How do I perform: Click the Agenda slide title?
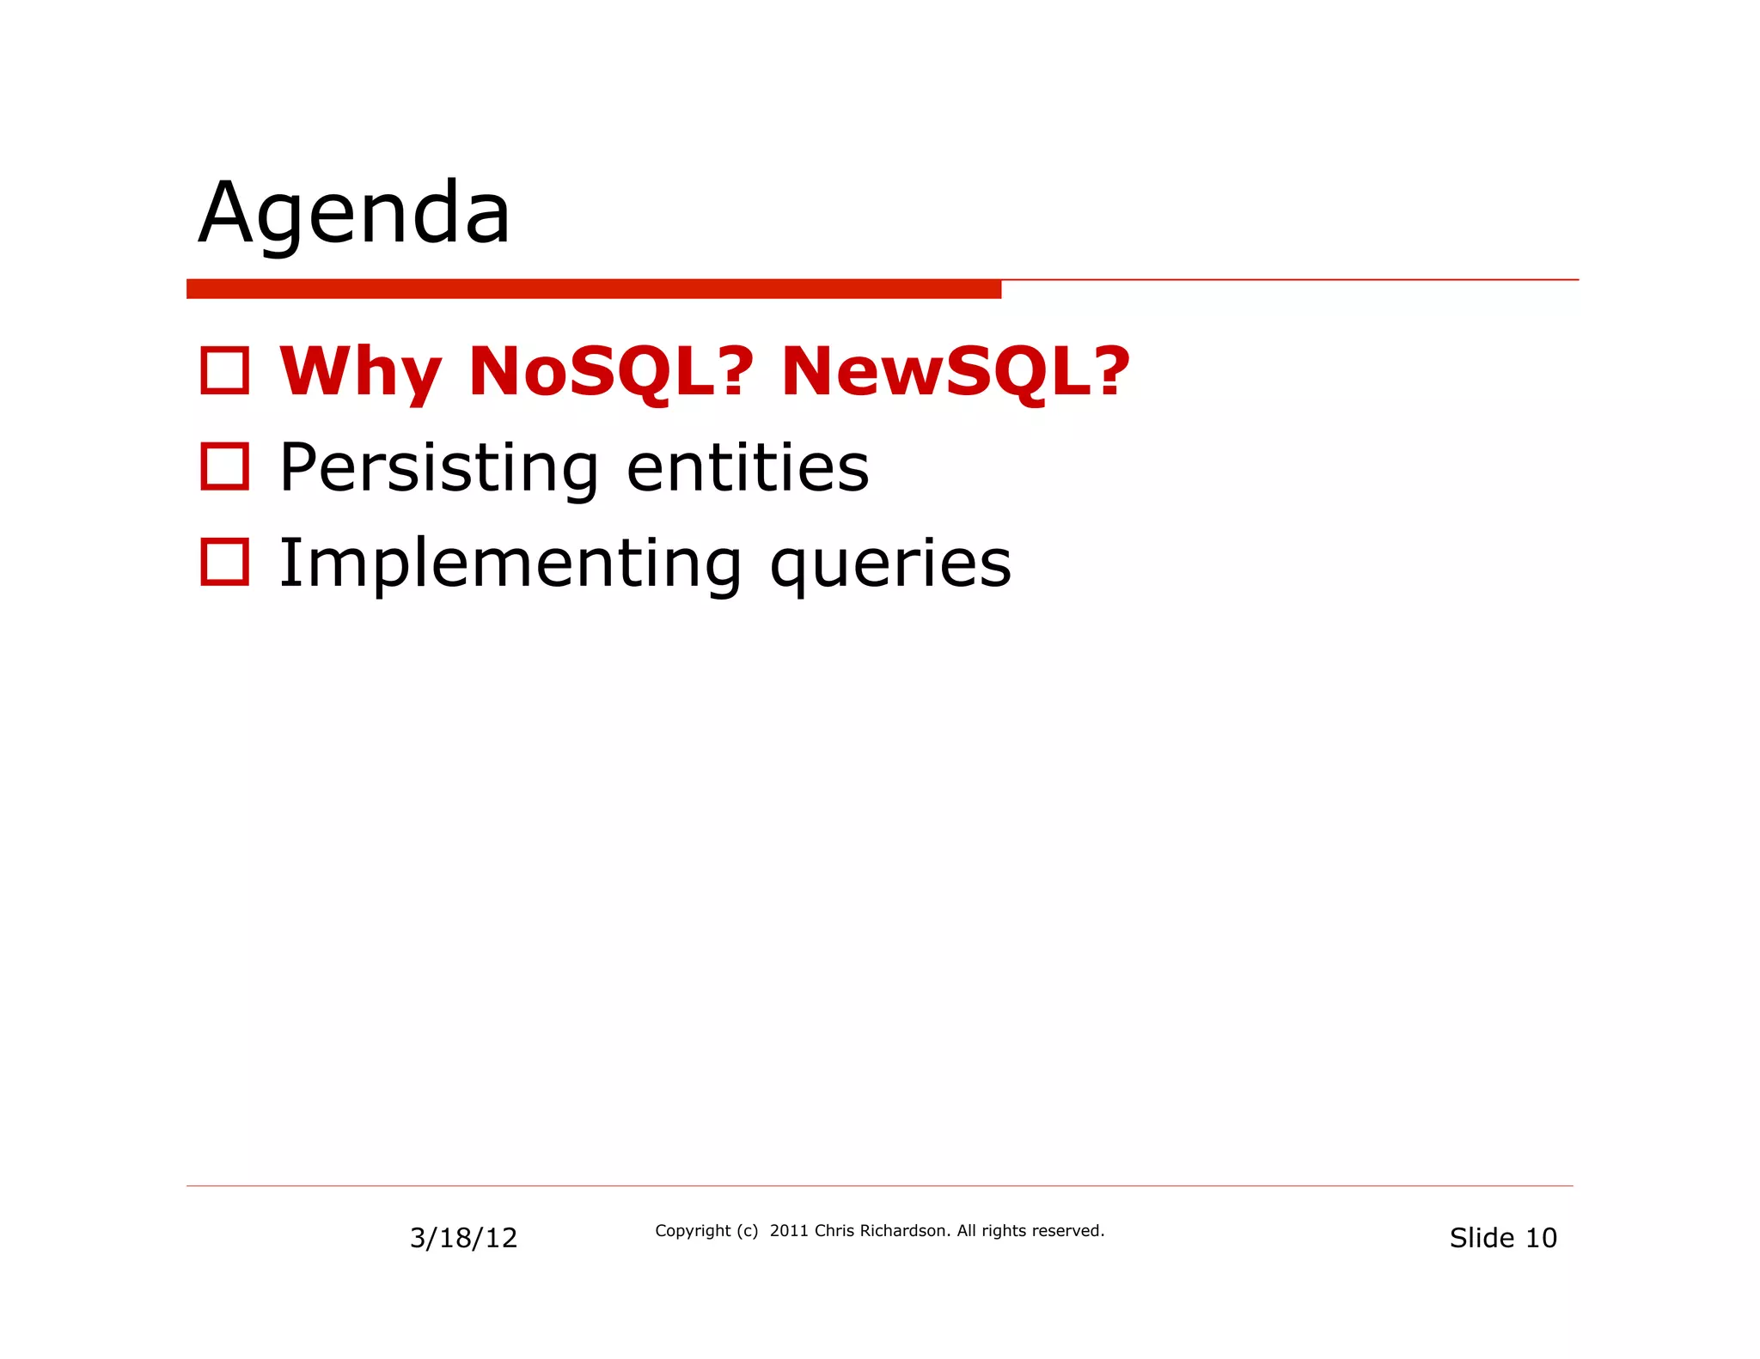[354, 213]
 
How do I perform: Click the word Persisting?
[438, 468]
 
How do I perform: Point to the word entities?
[748, 468]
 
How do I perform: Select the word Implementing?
[510, 564]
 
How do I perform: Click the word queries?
[890, 565]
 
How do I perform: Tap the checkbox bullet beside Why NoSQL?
[225, 371]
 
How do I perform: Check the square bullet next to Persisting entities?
[225, 467]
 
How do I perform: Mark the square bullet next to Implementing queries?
[225, 563]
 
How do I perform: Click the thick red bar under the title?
[593, 289]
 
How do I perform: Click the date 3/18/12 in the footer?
[463, 1238]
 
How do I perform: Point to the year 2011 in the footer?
[789, 1231]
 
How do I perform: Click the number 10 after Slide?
[1541, 1238]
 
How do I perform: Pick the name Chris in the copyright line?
[834, 1231]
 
